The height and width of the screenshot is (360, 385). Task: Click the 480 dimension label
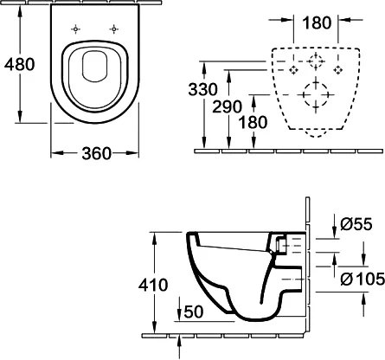20,64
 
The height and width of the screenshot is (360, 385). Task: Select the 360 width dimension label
96,153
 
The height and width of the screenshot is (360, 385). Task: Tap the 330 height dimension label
202,89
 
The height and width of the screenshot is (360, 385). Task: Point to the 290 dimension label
227,106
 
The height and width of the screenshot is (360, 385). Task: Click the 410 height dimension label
153,285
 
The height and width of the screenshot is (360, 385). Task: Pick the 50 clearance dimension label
194,312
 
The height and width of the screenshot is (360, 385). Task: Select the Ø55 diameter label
356,224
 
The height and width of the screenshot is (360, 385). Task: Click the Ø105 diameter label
363,279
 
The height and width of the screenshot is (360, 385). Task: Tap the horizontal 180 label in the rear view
317,22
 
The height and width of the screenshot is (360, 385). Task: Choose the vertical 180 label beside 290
253,122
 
